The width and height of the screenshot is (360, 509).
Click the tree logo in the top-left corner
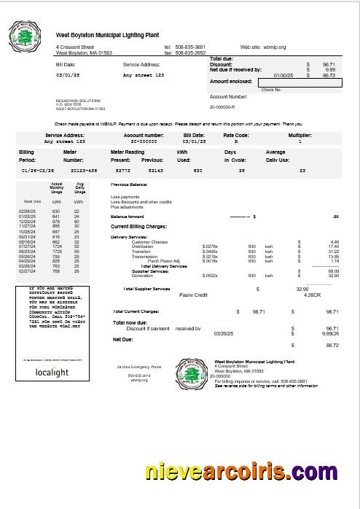(24, 36)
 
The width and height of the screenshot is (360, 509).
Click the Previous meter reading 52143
(155, 169)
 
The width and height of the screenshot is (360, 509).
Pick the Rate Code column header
(235, 135)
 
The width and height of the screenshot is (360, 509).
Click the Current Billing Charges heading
(140, 227)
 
